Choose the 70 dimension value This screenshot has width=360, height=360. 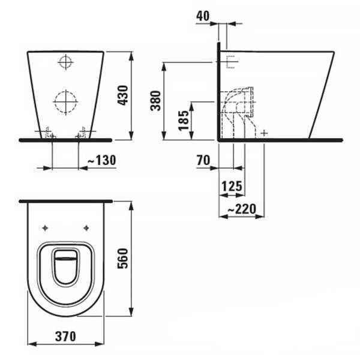point(202,160)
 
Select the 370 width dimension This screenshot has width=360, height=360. point(65,337)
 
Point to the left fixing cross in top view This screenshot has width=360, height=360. point(46,227)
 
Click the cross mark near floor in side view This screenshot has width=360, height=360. point(265,132)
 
